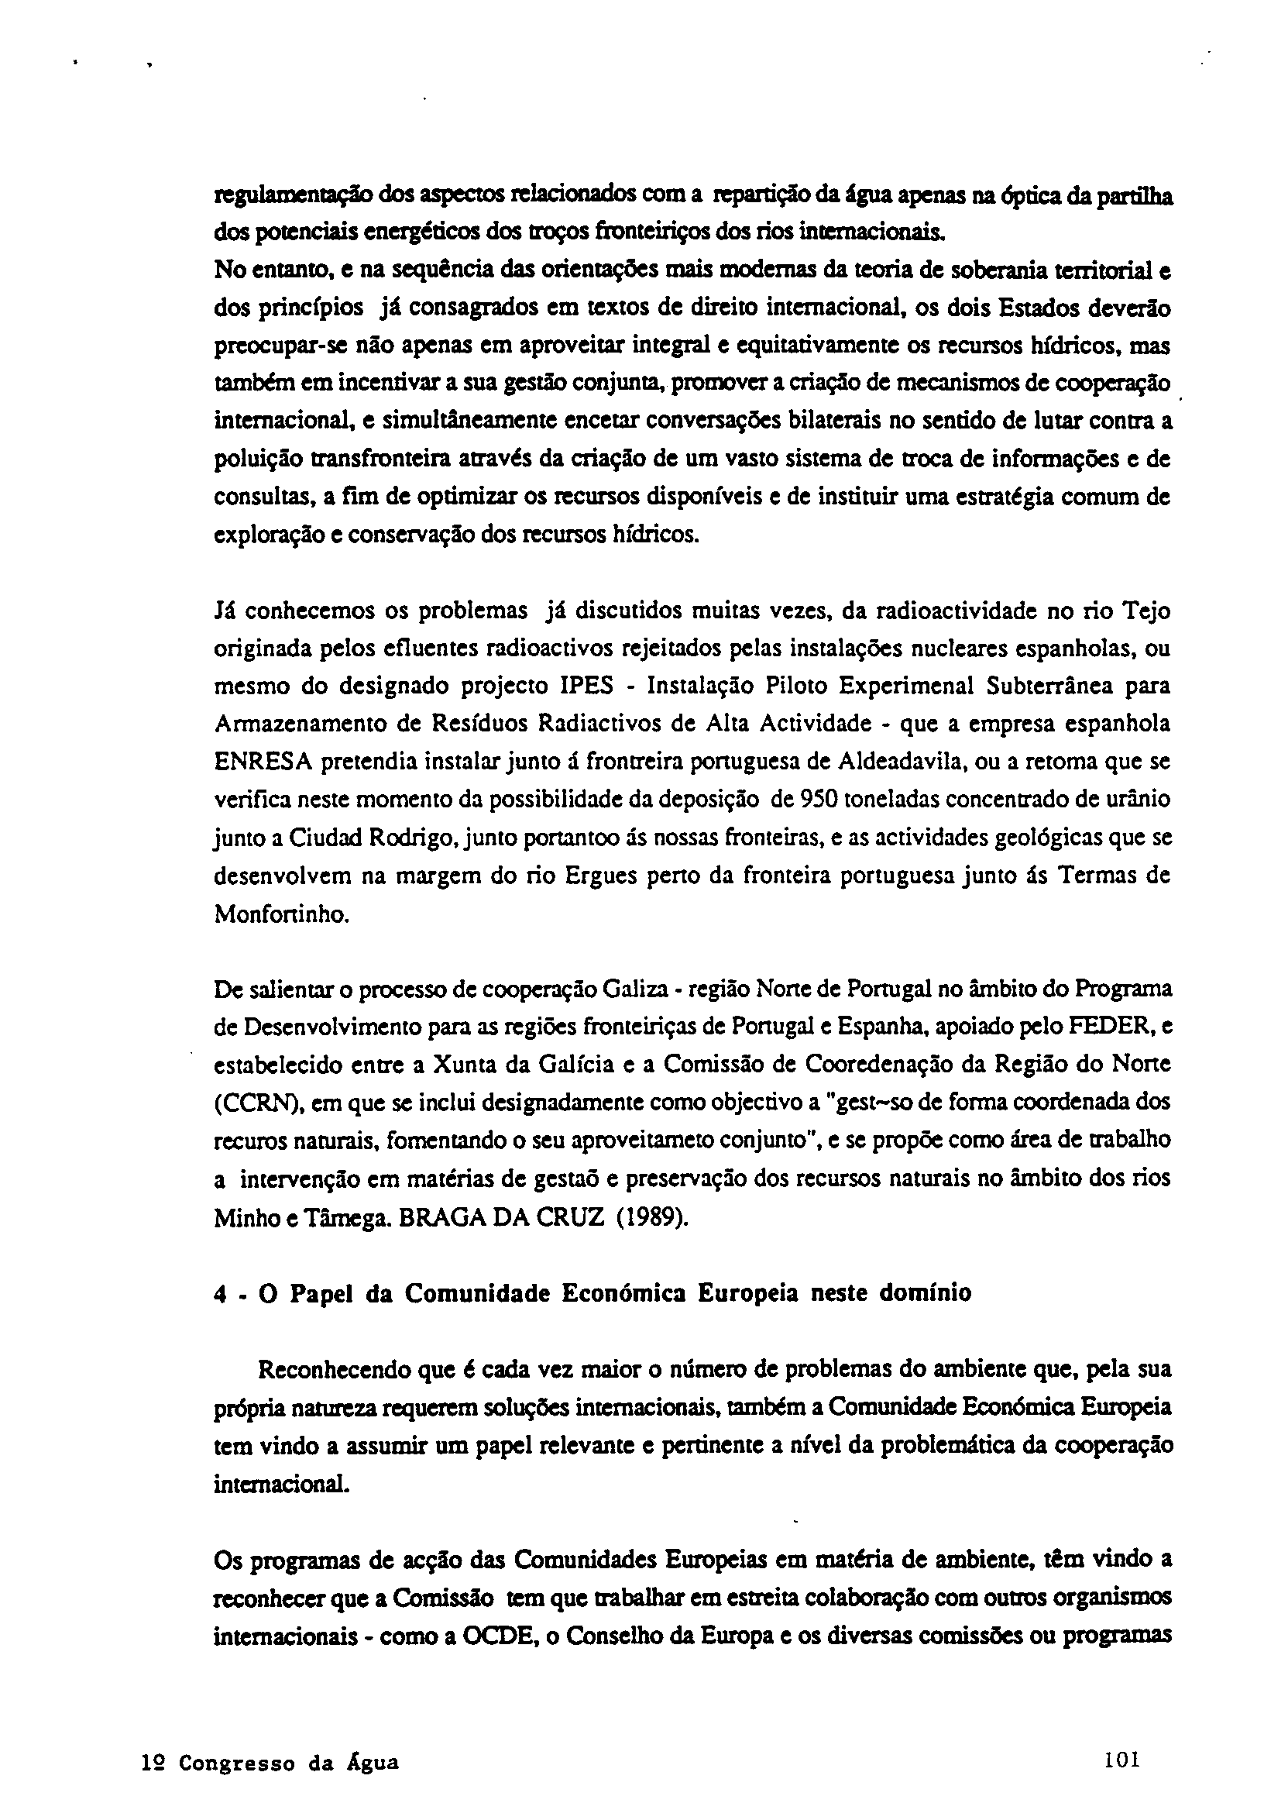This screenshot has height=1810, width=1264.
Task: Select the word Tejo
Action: click(1145, 610)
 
